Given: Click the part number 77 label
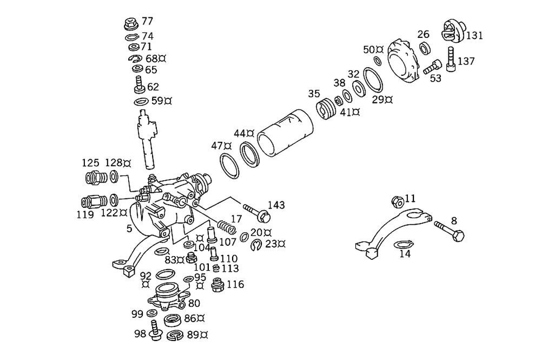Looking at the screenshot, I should coord(147,22).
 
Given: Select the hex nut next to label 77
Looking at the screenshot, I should coord(130,24).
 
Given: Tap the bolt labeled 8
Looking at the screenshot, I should coord(451,230).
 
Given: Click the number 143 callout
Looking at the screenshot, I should coord(276,205).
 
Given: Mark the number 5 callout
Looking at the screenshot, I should coord(129,228).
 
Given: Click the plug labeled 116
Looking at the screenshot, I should coord(219,285).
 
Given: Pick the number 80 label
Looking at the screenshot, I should coord(194,303).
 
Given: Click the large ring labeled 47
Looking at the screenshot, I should coord(230,165).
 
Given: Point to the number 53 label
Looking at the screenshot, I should coord(436,78).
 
